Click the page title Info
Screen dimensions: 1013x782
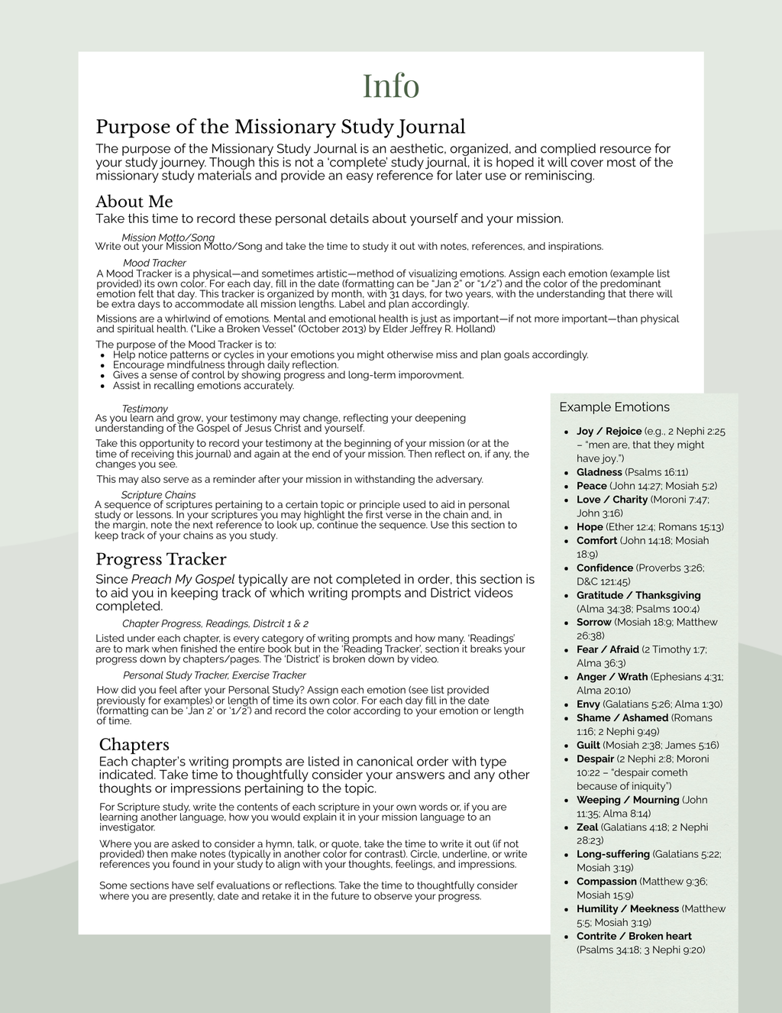pos(390,86)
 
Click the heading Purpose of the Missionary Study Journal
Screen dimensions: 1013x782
pos(280,127)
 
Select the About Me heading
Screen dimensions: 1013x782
pos(134,202)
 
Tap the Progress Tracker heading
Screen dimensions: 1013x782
pos(160,559)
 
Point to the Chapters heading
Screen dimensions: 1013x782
pos(134,745)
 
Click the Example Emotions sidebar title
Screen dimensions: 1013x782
pos(614,407)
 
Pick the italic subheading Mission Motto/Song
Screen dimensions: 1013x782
pos(168,238)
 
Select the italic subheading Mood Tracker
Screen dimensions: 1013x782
pos(154,263)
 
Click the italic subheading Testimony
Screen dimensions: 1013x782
pos(144,409)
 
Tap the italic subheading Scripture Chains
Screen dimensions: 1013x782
pos(158,495)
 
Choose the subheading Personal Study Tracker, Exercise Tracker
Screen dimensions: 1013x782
pos(214,675)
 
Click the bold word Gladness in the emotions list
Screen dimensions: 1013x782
pos(599,472)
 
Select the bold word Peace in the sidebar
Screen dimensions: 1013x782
pos(592,486)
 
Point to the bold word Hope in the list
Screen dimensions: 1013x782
pos(590,527)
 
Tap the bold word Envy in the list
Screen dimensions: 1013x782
pos(588,704)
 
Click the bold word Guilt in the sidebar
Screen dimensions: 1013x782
pos(588,746)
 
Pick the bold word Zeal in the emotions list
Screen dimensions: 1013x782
pos(587,827)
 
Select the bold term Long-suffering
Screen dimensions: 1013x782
pos(613,854)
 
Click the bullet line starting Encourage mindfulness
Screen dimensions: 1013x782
pos(225,365)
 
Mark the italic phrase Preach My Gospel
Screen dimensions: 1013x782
pos(183,579)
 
